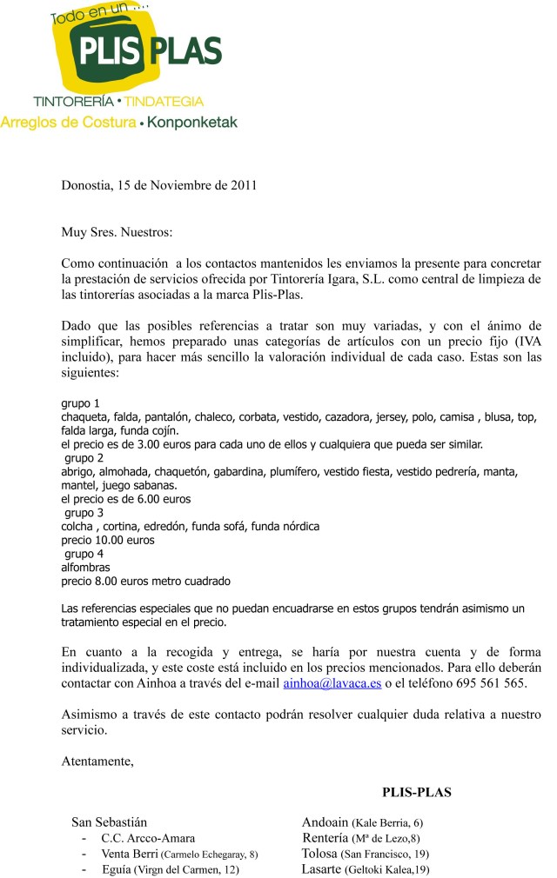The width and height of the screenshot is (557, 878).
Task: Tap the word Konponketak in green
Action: pos(191,123)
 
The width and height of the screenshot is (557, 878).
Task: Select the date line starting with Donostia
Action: pos(159,185)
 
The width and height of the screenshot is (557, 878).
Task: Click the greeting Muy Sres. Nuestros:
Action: pos(117,233)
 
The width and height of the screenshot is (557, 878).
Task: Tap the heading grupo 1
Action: pos(81,403)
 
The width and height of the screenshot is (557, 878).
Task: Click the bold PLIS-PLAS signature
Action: pos(416,792)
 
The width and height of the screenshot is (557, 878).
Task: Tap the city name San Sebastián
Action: pos(109,822)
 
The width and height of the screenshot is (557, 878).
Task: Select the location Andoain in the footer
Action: pos(325,822)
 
